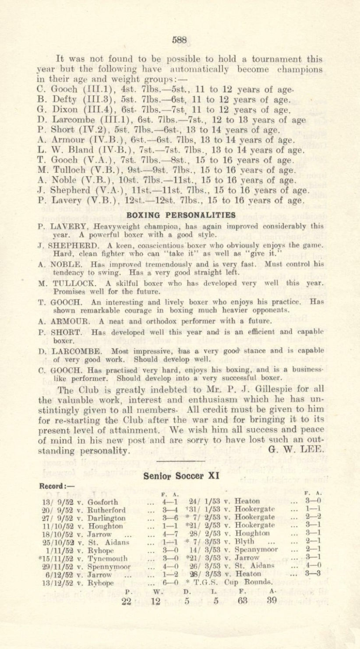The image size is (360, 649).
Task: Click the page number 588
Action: point(180,39)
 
